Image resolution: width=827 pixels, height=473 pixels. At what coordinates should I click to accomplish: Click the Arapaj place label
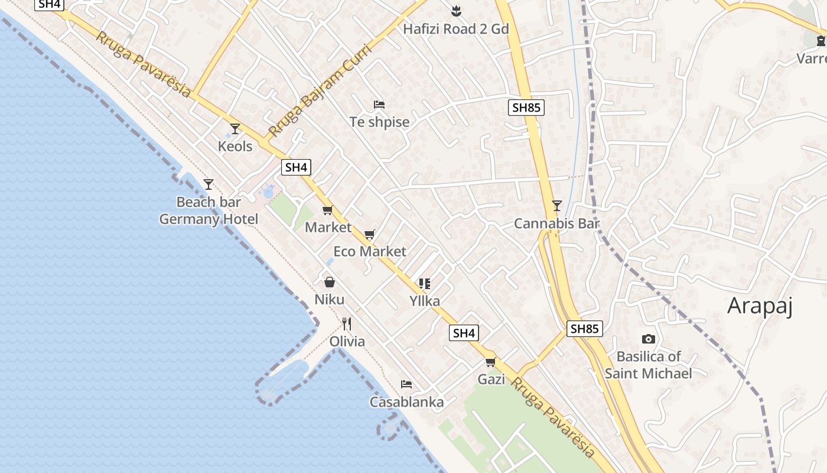click(759, 306)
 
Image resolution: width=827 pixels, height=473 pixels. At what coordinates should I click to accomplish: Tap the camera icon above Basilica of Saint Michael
click(648, 339)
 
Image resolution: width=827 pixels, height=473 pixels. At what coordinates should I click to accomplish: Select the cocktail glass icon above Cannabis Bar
click(556, 206)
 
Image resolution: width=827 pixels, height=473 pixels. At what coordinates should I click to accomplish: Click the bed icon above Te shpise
click(379, 105)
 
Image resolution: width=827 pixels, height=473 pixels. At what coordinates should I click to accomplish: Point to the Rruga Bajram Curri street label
click(320, 90)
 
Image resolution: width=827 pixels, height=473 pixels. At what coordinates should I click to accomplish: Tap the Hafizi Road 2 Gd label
click(455, 28)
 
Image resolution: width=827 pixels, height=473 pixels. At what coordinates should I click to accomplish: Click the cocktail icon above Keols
click(235, 128)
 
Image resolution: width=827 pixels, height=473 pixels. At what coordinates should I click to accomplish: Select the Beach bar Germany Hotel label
click(209, 210)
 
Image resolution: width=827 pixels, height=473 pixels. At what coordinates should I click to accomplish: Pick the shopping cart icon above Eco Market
click(370, 234)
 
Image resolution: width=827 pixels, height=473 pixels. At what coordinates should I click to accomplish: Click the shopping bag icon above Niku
click(329, 282)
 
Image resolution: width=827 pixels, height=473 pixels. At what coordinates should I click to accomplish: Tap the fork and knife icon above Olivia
click(347, 324)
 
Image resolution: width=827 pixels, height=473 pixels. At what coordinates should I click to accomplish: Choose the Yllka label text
click(425, 301)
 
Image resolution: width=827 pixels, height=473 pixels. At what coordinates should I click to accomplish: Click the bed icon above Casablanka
click(406, 384)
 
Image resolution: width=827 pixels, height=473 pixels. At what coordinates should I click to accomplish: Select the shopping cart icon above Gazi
click(491, 362)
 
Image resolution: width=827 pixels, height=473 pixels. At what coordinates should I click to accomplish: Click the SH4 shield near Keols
click(296, 167)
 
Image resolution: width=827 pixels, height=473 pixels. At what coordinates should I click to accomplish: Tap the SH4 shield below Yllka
click(464, 333)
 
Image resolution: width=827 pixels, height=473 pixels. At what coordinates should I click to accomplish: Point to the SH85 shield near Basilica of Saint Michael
click(584, 329)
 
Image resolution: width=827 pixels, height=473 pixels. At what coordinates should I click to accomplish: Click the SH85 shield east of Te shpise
click(526, 108)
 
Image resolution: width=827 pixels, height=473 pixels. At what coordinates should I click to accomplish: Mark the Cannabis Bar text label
click(556, 223)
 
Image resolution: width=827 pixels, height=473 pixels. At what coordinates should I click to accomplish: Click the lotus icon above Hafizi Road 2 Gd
click(455, 11)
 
